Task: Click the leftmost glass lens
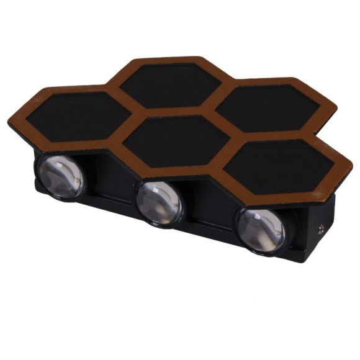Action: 61,176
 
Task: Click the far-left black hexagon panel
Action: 74,115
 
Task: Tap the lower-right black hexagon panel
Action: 279,167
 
